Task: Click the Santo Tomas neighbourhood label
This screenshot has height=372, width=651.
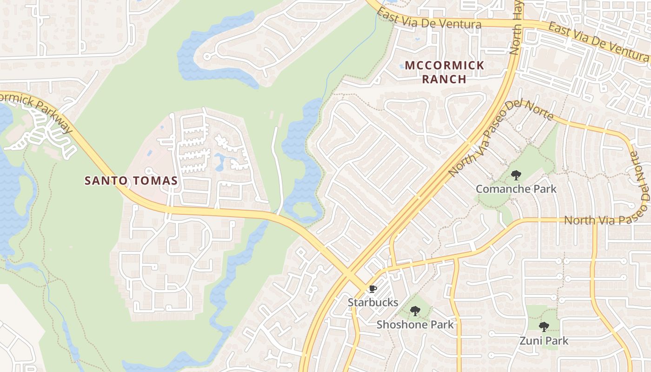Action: [x=131, y=180]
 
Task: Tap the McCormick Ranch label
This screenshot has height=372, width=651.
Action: [x=444, y=72]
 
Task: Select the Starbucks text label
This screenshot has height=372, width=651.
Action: [x=373, y=302]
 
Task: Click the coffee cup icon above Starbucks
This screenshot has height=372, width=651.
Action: [x=372, y=289]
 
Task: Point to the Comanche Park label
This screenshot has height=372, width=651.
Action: [x=516, y=189]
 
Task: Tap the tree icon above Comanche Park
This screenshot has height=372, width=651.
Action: [x=516, y=175]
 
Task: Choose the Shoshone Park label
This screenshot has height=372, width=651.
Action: [x=415, y=324]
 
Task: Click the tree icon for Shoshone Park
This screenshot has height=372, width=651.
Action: [x=415, y=311]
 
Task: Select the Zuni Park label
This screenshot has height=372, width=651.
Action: [x=544, y=341]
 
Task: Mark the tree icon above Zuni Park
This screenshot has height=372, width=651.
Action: [x=544, y=327]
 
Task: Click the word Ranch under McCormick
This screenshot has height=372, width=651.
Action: [x=444, y=79]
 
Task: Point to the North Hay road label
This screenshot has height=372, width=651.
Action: [x=516, y=28]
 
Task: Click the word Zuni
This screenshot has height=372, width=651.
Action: [x=530, y=341]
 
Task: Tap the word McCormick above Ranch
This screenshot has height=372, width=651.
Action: [x=444, y=66]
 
